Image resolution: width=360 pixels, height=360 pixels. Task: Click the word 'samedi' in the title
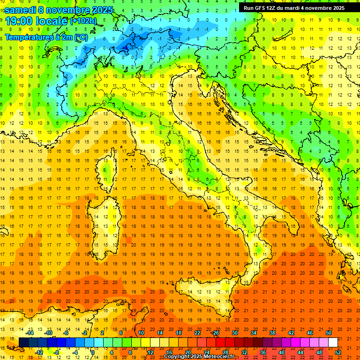point(21,10)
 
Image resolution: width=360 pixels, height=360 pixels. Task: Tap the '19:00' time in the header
point(19,21)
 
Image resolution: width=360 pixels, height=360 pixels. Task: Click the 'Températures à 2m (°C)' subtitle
point(46,37)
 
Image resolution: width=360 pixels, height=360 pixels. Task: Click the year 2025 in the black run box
point(336,7)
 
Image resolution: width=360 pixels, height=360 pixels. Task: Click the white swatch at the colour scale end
point(333,342)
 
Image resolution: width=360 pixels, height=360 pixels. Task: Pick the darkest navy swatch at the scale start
point(23,342)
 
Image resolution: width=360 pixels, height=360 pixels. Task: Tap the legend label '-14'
point(30,333)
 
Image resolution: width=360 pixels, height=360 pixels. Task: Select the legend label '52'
point(337,352)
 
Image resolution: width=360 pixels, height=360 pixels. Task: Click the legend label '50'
point(328,333)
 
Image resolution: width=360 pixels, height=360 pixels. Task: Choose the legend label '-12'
point(39,352)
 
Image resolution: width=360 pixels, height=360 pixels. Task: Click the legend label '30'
point(234,333)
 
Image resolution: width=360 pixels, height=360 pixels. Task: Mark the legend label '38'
point(272,333)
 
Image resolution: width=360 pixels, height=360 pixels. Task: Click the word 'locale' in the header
point(52,21)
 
